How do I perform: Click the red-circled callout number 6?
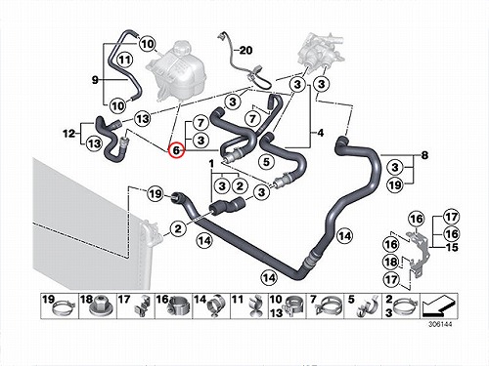[176, 150]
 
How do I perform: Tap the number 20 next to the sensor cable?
[245, 51]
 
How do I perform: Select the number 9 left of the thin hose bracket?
[95, 79]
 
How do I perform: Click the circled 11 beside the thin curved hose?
[125, 60]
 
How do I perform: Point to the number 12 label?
[68, 134]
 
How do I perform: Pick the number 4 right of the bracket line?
[321, 133]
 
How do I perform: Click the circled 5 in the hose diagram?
[266, 162]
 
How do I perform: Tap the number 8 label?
[424, 155]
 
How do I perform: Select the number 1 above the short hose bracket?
[211, 163]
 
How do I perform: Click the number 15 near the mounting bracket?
[452, 248]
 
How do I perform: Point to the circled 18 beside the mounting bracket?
[391, 263]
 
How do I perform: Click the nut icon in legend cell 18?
[100, 305]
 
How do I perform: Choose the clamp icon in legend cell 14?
[215, 306]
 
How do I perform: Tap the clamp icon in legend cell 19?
[64, 308]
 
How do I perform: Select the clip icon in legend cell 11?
[254, 305]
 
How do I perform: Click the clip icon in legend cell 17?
[142, 306]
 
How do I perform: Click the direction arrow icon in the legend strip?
[438, 305]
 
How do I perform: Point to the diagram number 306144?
[440, 324]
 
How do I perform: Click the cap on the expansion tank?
[180, 48]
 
